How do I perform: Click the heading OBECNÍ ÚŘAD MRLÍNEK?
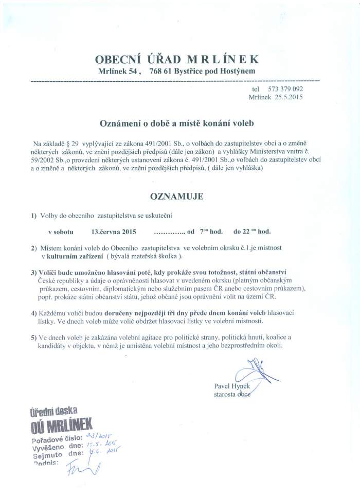177,58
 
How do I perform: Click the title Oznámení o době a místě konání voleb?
176,123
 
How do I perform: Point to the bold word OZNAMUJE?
176,197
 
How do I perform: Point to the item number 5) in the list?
33,337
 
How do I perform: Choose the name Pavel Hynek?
232,386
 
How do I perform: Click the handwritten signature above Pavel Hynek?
256,373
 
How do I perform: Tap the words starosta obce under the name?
232,394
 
